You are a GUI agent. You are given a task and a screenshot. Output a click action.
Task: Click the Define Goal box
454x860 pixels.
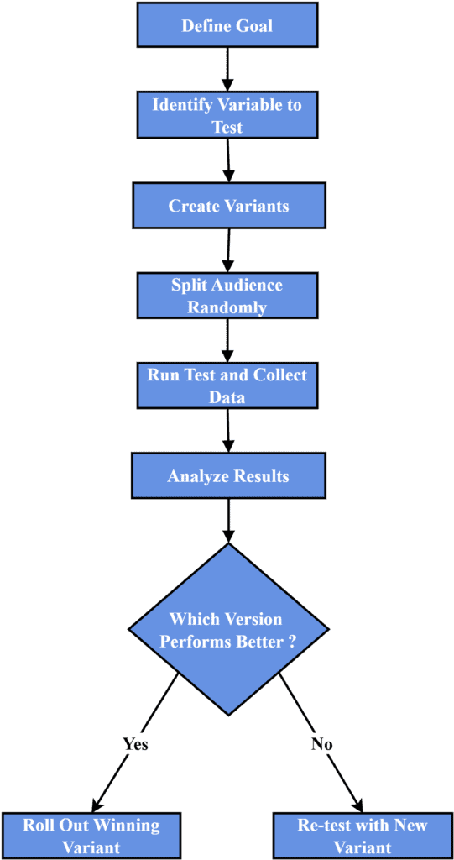(227, 26)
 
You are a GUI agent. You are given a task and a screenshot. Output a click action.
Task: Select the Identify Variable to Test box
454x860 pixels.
(227, 116)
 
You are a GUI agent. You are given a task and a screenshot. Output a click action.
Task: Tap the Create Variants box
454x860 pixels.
(227, 206)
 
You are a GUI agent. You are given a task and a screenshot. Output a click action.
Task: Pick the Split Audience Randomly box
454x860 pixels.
(227, 296)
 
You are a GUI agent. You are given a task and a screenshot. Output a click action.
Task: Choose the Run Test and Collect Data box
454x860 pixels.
(227, 385)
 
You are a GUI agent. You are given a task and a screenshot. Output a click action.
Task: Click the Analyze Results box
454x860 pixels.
(227, 476)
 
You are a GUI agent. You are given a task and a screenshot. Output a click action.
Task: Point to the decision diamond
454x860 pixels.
(227, 630)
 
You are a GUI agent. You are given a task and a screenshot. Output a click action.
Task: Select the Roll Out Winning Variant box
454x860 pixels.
(91, 835)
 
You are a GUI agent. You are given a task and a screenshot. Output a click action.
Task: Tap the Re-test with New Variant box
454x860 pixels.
(362, 835)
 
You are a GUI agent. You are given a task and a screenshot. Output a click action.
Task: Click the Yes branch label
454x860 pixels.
(134, 744)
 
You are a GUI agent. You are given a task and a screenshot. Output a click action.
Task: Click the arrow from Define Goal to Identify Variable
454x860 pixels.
(227, 71)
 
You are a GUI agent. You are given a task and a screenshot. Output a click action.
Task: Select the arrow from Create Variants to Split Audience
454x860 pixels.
(227, 250)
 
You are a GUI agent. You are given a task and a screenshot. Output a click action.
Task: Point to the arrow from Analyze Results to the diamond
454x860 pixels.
(227, 520)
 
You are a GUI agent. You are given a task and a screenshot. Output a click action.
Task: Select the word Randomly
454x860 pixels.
(227, 307)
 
